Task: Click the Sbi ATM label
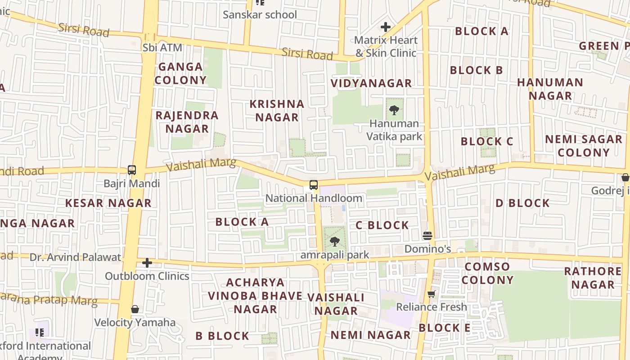(x=162, y=47)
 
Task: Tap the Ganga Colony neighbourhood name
(x=180, y=73)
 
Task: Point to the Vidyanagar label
(x=371, y=83)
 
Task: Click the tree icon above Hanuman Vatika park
(x=394, y=110)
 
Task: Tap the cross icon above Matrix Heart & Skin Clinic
(x=386, y=27)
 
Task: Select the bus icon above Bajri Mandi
(x=132, y=170)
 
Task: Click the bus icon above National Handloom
(x=314, y=185)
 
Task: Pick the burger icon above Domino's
(x=427, y=236)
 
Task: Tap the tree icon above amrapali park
(x=334, y=242)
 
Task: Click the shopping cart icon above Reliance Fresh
(x=432, y=294)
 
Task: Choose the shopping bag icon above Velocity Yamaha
(x=135, y=309)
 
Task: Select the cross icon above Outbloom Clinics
(x=147, y=263)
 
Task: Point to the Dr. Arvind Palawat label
(x=75, y=257)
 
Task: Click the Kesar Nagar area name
(x=108, y=203)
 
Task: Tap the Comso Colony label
(x=487, y=273)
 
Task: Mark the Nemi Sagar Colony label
(x=583, y=146)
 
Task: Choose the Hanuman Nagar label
(x=550, y=89)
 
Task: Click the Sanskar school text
(x=260, y=14)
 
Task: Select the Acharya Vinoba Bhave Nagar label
(x=255, y=296)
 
